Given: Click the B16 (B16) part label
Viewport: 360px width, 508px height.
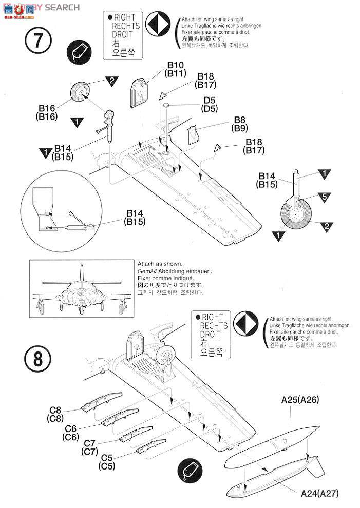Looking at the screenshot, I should pos(46,112).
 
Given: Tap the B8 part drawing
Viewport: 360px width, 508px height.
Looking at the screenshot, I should pos(193,133).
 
